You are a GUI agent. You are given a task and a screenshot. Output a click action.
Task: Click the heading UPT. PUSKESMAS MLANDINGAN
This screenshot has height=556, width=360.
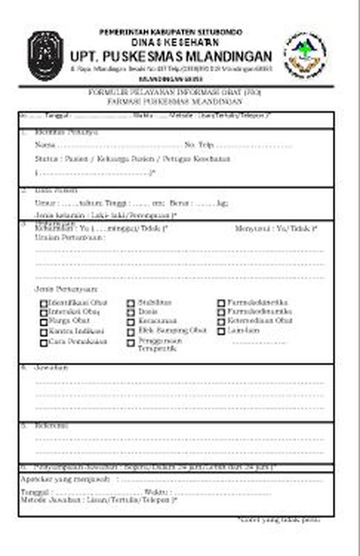click(x=170, y=56)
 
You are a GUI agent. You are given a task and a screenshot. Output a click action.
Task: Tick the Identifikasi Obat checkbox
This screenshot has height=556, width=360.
click(x=44, y=304)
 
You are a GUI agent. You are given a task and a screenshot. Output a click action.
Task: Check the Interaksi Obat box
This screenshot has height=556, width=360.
click(x=44, y=313)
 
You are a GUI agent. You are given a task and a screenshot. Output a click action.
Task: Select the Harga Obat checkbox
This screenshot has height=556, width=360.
click(x=44, y=322)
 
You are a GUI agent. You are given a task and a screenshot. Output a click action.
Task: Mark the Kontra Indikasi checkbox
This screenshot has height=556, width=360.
click(x=44, y=332)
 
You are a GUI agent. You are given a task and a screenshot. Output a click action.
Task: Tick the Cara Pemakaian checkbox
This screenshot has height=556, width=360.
click(x=44, y=343)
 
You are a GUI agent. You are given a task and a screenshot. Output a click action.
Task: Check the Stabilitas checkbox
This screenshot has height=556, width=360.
click(x=131, y=304)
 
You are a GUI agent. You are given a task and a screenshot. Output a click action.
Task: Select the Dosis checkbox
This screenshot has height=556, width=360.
click(x=131, y=313)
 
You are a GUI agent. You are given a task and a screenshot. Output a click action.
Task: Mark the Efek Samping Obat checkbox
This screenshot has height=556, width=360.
click(x=131, y=332)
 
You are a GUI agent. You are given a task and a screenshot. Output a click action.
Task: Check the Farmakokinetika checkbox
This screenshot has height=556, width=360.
click(x=221, y=304)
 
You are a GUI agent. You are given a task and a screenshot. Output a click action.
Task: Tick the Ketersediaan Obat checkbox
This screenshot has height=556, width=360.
click(x=221, y=322)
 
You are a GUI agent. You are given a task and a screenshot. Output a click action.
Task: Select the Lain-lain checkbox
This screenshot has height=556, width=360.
click(x=221, y=332)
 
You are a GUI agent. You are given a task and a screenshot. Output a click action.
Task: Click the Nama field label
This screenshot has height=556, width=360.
click(x=44, y=145)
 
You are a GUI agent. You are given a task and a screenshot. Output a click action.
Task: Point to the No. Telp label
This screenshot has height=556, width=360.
click(x=198, y=145)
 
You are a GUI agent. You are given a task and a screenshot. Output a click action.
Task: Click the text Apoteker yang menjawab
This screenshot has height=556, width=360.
click(x=67, y=479)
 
